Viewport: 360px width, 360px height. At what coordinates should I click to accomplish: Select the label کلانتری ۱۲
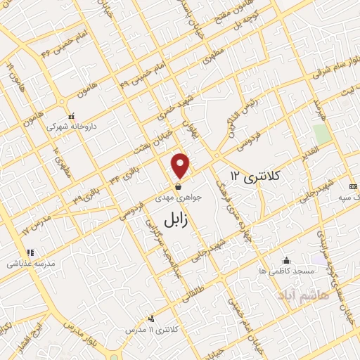pos(255,176)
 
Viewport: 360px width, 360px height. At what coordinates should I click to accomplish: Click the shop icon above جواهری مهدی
pos(181,187)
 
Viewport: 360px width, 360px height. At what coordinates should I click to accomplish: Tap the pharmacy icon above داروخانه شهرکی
pos(71,117)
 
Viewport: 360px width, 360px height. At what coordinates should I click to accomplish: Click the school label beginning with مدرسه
pos(26,264)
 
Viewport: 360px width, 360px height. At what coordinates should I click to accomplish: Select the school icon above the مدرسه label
pos(30,253)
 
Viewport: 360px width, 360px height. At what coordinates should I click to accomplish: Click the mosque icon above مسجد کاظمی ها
pos(285,259)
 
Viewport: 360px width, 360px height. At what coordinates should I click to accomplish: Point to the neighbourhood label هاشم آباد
pos(303,290)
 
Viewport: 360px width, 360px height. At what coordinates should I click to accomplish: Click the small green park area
pos(321,134)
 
